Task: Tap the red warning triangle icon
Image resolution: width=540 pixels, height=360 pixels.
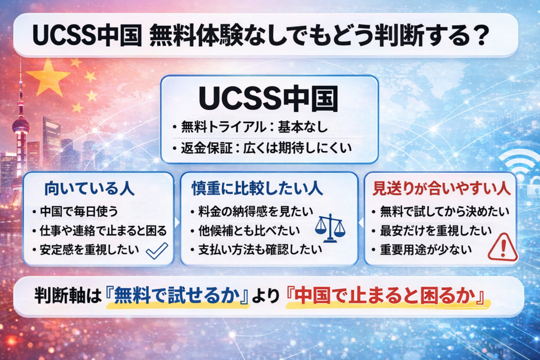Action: (502, 247)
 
